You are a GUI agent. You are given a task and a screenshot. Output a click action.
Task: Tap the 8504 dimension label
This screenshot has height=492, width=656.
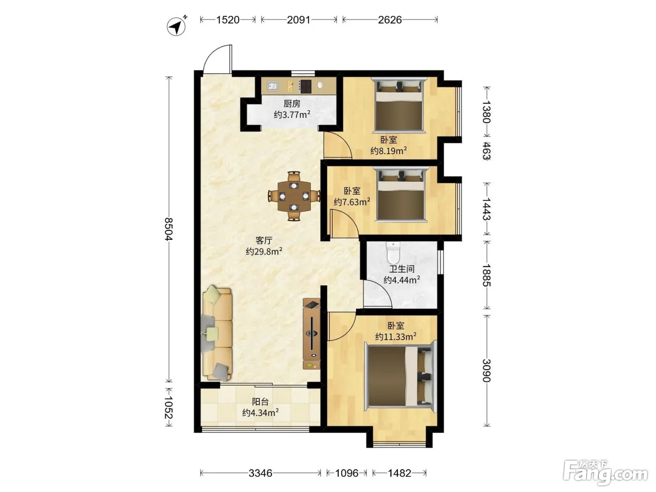169,229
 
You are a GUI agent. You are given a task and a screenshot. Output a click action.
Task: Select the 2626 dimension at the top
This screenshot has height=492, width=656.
390,20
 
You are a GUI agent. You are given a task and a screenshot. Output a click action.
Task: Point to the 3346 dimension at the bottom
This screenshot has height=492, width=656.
260,473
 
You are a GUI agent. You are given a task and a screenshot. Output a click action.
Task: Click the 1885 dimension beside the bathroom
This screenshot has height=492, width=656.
486,275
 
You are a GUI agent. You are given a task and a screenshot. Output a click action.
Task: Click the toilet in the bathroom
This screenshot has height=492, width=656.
393,253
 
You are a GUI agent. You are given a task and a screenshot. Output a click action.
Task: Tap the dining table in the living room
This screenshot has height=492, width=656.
294,196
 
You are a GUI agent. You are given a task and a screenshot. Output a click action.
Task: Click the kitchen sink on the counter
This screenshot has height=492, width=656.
272,86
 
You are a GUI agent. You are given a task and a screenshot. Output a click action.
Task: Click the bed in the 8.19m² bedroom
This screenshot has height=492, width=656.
399,104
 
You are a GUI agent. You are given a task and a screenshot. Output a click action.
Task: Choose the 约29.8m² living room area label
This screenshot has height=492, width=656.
264,251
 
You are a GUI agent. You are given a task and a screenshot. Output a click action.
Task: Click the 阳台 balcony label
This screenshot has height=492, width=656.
261,402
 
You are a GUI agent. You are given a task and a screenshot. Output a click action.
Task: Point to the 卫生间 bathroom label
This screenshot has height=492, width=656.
402,269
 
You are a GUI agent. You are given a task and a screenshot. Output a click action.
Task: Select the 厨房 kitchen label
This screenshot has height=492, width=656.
292,104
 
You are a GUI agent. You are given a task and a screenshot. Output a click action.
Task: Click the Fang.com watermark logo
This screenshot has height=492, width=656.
605,473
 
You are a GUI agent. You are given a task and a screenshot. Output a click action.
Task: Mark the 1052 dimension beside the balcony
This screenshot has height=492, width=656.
169,407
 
